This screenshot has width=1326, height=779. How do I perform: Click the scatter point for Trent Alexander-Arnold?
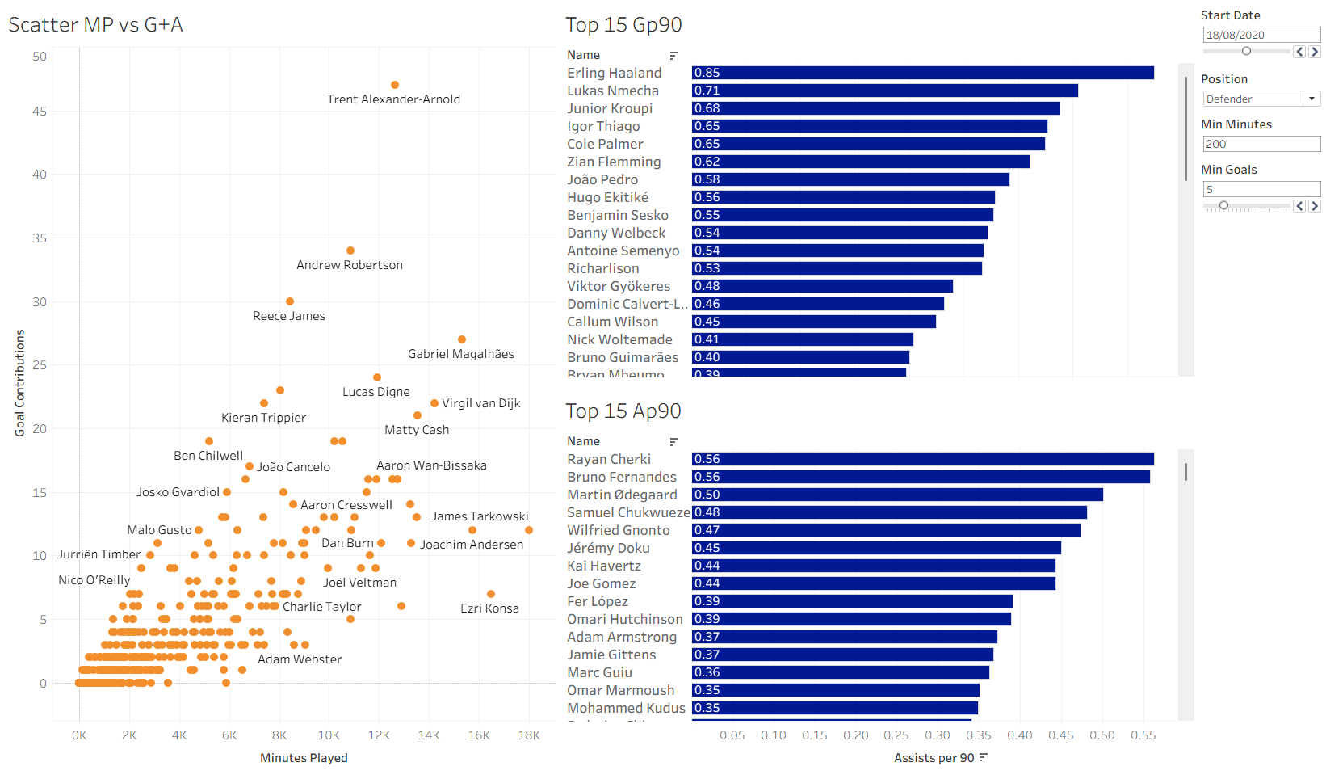395,85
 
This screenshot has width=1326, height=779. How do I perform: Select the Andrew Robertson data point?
350,251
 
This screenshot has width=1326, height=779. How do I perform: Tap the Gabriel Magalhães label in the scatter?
460,354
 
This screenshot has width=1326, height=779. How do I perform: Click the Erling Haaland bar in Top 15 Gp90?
922,73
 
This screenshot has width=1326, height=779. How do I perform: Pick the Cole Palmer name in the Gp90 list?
605,144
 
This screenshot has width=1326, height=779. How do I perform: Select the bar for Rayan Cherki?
922,459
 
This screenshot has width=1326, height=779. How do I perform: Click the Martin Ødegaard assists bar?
896,495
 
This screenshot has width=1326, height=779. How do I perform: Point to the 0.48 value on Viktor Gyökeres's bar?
707,286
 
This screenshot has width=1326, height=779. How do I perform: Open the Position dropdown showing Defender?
1261,99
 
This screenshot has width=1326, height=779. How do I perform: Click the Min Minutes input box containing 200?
1261,144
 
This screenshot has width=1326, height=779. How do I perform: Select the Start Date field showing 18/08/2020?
1261,35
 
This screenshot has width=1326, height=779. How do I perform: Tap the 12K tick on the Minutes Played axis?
379,735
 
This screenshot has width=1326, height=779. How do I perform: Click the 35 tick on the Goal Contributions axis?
40,238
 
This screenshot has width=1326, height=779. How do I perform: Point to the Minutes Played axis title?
304,758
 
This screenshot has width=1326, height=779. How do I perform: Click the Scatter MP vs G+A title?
95,25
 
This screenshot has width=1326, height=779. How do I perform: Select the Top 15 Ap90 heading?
623,411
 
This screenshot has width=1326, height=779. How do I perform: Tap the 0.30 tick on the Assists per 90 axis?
938,735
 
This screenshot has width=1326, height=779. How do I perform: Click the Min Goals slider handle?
1223,206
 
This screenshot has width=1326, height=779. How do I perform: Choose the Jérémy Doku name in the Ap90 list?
608,548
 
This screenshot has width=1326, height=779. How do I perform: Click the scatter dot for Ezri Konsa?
491,594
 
